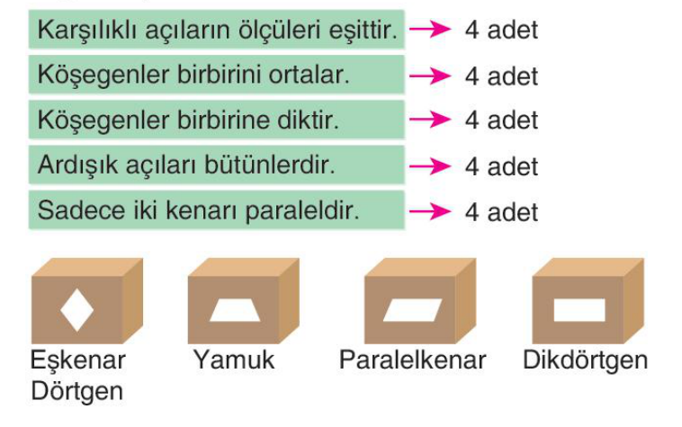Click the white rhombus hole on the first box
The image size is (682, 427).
pyautogui.click(x=77, y=310)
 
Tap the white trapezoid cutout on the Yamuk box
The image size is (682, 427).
pyautogui.click(x=235, y=310)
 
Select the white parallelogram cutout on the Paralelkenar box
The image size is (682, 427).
pyautogui.click(x=413, y=310)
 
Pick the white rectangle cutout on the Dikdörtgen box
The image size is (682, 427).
pyautogui.click(x=579, y=310)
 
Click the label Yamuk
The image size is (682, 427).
pyautogui.click(x=234, y=360)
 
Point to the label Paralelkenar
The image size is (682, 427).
pyautogui.click(x=412, y=360)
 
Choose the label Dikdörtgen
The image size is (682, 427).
pyautogui.click(x=586, y=360)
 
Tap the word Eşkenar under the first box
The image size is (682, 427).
pyautogui.click(x=78, y=360)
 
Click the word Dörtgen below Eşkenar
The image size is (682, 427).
pyautogui.click(x=77, y=391)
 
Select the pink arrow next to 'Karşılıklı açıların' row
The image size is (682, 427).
pyautogui.click(x=430, y=29)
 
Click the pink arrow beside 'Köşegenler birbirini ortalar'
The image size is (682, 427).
pyautogui.click(x=430, y=76)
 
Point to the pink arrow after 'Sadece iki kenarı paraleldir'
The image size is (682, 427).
pyautogui.click(x=430, y=211)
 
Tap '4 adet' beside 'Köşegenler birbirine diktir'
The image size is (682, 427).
pyautogui.click(x=501, y=120)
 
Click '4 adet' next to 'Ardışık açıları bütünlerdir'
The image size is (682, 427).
pyautogui.click(x=501, y=166)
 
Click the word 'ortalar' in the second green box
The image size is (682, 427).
pyautogui.click(x=309, y=75)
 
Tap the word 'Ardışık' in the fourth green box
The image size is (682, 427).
pyautogui.click(x=78, y=165)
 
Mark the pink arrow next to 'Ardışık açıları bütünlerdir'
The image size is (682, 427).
pyautogui.click(x=430, y=165)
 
